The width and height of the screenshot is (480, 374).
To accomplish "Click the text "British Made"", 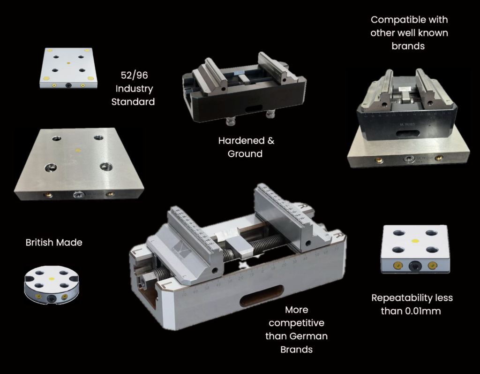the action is click(x=54, y=243).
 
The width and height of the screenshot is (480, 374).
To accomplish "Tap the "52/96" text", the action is click(x=134, y=75).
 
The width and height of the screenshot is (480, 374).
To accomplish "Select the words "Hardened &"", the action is click(x=246, y=140).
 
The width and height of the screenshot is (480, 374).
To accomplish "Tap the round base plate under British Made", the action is click(x=52, y=285).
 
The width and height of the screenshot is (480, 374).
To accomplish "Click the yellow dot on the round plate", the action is click(x=52, y=279).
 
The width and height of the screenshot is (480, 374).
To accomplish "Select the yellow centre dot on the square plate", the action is click(x=415, y=241).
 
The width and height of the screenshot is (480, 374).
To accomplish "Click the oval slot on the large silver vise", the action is click(x=262, y=296).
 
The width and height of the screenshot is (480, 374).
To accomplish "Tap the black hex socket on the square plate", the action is click(x=415, y=266).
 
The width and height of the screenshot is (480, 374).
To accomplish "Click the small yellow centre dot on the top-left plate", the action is click(x=68, y=63).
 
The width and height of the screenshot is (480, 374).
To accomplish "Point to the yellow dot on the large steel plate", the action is click(x=78, y=151).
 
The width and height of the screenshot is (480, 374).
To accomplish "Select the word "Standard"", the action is click(x=133, y=101).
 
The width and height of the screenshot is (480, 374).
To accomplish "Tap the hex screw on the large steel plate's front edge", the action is click(x=78, y=194).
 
